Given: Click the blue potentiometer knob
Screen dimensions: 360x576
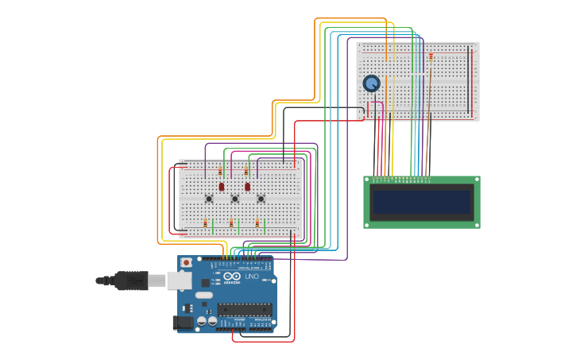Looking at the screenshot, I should click(x=371, y=83).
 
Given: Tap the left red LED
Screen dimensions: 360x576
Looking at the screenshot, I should click(x=222, y=187).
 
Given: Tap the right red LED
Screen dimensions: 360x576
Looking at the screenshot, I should click(x=247, y=187).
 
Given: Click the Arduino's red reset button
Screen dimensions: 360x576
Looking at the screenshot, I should click(x=186, y=262).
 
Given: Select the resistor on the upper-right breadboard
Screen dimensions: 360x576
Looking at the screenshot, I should click(x=431, y=56).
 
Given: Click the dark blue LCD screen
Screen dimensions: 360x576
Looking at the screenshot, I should click(x=421, y=201).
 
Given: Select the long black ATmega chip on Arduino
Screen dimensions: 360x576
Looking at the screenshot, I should click(x=244, y=309).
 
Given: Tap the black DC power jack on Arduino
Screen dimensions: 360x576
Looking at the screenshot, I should click(x=183, y=323).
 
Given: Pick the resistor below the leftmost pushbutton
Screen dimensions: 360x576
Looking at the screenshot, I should click(x=206, y=223).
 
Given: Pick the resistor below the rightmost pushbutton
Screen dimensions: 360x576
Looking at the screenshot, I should click(x=257, y=223).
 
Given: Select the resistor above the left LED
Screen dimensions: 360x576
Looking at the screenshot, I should click(x=220, y=171).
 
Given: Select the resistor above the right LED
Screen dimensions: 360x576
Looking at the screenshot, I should click(x=245, y=171).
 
